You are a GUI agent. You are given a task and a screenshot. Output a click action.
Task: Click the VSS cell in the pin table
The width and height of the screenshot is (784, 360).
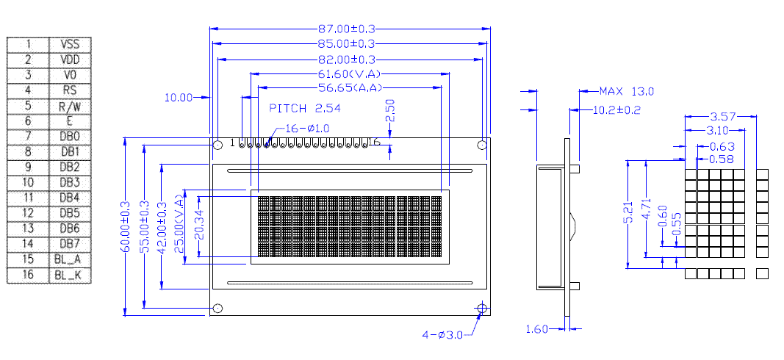70,44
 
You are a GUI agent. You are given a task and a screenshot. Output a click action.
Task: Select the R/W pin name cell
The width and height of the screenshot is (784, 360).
70,106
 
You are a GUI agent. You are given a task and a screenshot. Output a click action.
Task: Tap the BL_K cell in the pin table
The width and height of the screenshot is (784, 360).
70,276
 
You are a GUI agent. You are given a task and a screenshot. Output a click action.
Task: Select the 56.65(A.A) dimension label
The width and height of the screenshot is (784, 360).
350,88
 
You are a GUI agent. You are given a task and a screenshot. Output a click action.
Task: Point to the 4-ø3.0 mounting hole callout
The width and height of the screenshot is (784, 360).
442,335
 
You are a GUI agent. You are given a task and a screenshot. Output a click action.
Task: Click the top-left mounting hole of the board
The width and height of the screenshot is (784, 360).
218,145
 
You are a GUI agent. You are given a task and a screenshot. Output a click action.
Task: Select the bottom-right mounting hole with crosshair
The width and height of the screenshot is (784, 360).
481,308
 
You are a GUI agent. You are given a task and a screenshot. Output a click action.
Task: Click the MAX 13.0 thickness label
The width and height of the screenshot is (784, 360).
626,91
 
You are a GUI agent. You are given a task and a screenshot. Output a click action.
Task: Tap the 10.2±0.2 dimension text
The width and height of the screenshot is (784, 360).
616,110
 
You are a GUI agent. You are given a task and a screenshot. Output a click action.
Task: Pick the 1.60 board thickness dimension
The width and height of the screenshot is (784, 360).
537,329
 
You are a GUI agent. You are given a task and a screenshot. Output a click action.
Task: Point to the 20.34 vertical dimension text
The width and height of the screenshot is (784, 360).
201,226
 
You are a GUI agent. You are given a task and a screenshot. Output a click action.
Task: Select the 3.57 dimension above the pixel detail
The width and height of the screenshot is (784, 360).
724,116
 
